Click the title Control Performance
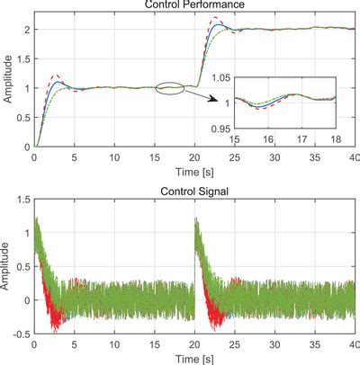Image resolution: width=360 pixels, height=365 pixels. click(193, 6)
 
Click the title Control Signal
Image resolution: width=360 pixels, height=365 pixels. click(193, 191)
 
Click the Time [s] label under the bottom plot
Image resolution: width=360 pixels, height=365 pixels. click(193, 357)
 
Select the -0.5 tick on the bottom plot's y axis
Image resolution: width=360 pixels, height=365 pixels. click(20, 333)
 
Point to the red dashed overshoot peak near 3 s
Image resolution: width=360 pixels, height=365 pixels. click(56, 76)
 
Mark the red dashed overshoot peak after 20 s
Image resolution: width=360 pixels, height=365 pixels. click(215, 18)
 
